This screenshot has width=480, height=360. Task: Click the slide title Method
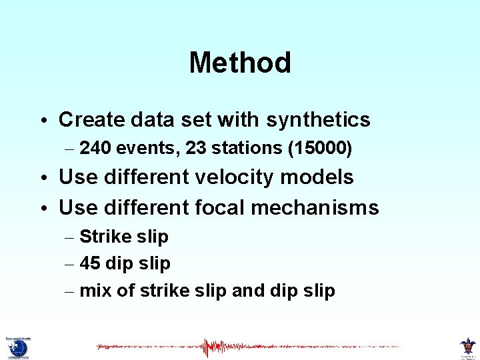(x=240, y=63)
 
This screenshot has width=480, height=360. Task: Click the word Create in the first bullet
(x=90, y=120)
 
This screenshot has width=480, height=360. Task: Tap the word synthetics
(x=318, y=120)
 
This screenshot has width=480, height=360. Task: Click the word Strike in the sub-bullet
(x=101, y=237)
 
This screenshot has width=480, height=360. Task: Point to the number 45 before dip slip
(x=89, y=263)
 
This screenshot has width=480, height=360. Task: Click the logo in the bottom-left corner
(x=17, y=347)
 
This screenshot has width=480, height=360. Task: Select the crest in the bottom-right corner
(x=467, y=347)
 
